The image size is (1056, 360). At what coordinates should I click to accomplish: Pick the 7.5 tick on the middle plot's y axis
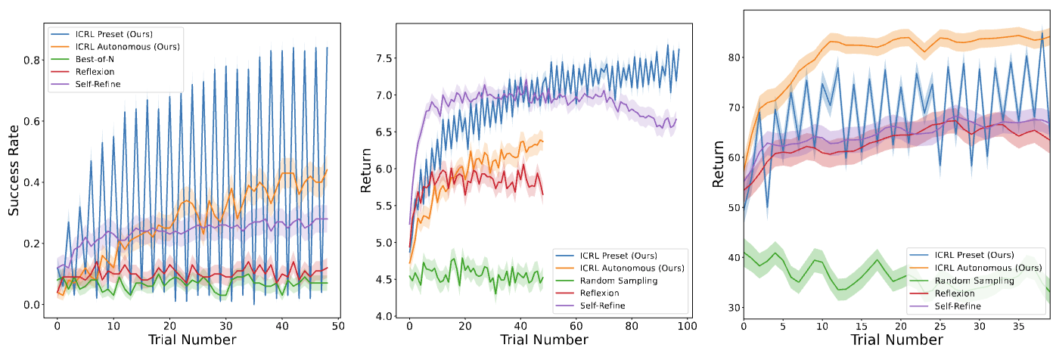[384, 58]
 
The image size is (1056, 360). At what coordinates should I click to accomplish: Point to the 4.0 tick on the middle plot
[384, 316]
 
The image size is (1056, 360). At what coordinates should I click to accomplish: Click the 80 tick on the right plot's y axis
[731, 57]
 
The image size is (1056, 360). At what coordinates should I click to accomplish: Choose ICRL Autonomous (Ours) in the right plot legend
[983, 268]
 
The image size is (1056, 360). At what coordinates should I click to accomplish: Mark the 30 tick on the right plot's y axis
[731, 308]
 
